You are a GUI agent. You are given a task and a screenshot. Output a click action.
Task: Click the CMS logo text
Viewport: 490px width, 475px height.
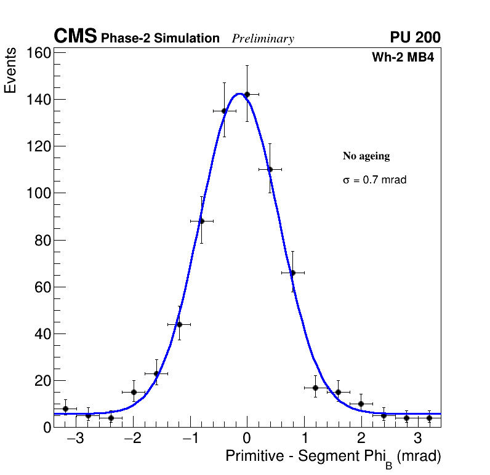coord(75,37)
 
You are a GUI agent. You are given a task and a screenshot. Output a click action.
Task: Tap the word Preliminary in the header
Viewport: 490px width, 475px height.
coord(263,39)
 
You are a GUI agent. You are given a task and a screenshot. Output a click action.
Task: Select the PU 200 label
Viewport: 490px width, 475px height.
coord(415,38)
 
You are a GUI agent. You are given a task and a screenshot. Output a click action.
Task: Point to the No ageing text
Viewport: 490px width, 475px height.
coord(366,156)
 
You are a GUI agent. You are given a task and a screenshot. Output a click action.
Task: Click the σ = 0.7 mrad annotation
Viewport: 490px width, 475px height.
coord(374,180)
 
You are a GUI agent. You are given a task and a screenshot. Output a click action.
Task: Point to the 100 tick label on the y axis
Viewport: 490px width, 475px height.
coord(38,193)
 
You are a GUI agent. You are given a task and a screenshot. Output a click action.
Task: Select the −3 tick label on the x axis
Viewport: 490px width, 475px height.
coord(75,439)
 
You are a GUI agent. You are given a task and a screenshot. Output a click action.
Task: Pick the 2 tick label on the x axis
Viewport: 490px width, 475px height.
coord(361,439)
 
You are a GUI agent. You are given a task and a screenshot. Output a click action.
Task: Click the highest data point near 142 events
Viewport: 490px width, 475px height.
coord(247,94)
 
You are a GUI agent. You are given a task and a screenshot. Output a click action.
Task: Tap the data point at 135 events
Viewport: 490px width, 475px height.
coord(224,111)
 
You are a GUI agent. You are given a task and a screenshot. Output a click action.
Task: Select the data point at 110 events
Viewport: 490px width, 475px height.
coord(270,169)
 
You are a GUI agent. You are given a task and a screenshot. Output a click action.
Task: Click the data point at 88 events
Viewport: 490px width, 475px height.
coord(201,221)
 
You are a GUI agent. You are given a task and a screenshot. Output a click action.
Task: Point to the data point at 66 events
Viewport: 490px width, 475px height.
coord(292,273)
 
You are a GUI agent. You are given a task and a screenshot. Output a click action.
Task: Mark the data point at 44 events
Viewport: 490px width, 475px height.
coord(179,324)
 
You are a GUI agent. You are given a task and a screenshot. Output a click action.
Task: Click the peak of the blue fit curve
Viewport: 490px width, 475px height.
coord(239,94)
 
